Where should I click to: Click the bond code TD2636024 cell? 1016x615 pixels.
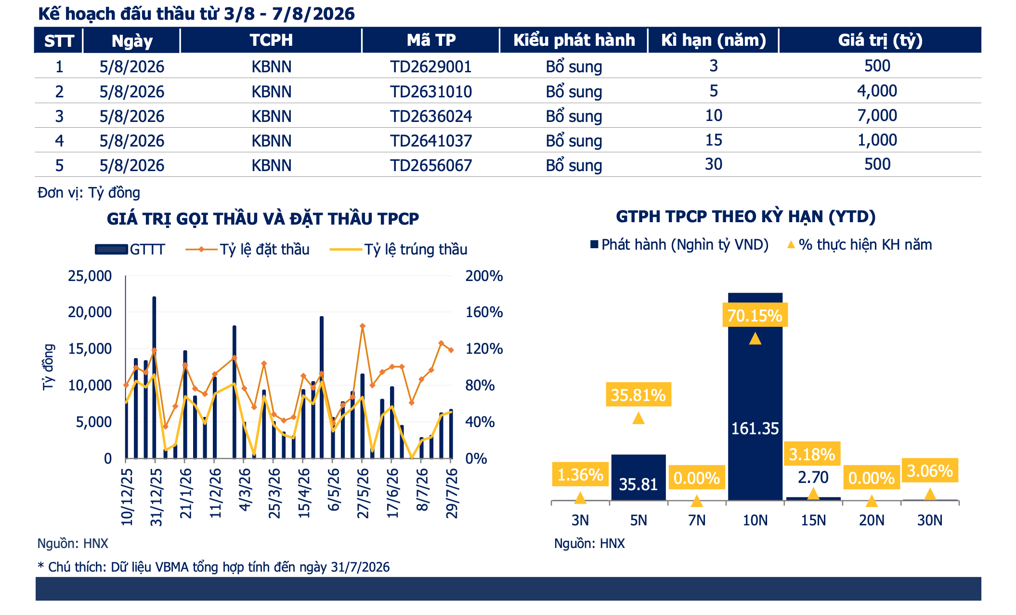431,116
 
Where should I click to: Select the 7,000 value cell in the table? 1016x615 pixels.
877,116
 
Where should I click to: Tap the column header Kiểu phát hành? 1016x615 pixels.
574,40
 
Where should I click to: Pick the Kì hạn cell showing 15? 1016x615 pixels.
714,140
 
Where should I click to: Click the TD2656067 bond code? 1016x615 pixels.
431,165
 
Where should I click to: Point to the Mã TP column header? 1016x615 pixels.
431,40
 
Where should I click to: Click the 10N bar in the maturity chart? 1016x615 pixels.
755,396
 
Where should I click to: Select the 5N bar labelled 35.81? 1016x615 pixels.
638,477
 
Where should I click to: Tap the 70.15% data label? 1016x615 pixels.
755,315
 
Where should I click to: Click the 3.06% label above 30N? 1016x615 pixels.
930,470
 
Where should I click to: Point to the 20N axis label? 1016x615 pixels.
872,521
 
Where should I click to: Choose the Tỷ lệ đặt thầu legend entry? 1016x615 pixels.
247,249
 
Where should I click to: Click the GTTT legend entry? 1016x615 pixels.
130,249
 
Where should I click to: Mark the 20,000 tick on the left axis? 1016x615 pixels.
90,312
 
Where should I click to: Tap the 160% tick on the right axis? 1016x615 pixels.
484,312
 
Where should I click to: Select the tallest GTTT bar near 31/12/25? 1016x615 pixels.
154,377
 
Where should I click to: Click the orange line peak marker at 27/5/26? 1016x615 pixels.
363,326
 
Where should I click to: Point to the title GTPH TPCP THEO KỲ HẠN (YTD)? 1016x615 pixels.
745,217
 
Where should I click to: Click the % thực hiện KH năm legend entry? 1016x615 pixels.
860,245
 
